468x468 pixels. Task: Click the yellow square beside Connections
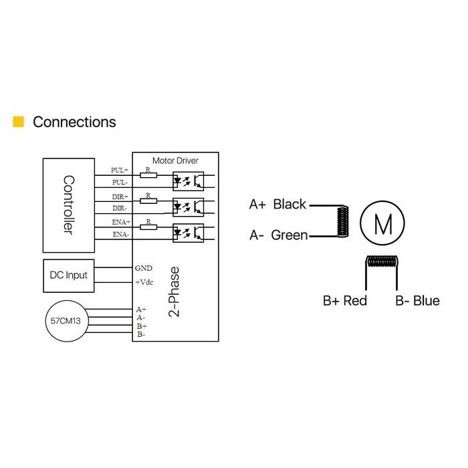coord(19,122)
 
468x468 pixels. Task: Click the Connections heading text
coord(74,122)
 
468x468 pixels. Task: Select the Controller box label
coord(69,205)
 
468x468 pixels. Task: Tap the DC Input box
coord(69,275)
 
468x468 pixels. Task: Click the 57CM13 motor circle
coord(67,321)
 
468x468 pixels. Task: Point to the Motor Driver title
coord(175,160)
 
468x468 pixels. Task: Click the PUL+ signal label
coord(120,170)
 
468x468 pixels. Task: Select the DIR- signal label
coord(120,208)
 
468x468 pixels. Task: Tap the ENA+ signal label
coord(121,222)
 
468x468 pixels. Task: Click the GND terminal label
coord(144,268)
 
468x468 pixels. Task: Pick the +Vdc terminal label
coord(144,282)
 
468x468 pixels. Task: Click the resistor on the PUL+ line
coord(148,175)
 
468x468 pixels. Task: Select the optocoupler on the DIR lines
coord(189,207)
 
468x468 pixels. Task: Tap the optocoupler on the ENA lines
coord(189,233)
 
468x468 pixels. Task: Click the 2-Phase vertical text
coord(174,291)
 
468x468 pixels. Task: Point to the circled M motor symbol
coord(382,223)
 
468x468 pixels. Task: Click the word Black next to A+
coord(289,204)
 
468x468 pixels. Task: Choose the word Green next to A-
coord(289,235)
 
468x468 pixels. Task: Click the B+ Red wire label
coord(345,301)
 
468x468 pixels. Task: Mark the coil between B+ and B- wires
coord(382,261)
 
